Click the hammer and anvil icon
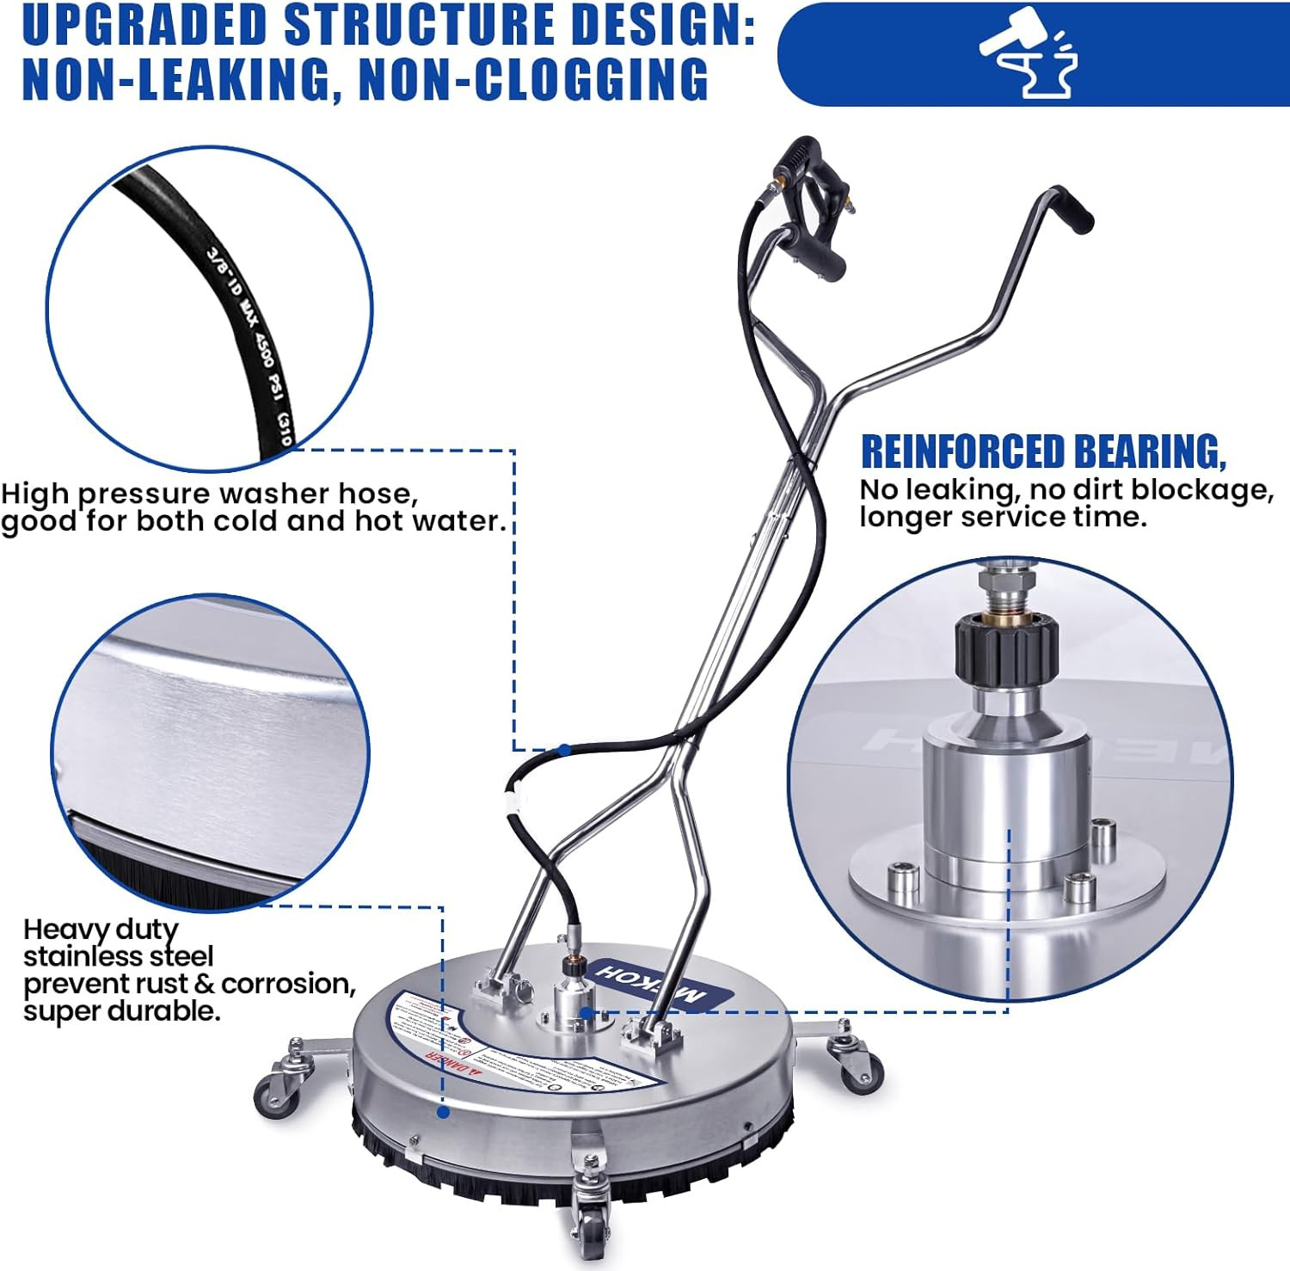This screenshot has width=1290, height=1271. pos(1029,54)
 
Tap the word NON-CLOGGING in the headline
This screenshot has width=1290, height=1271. pos(533,80)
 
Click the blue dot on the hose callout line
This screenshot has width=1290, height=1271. pos(564,750)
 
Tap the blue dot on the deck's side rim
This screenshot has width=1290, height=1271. pos(443,1112)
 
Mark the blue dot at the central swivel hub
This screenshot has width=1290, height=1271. pos(586,1012)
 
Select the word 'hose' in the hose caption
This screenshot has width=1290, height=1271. pos(378,494)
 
